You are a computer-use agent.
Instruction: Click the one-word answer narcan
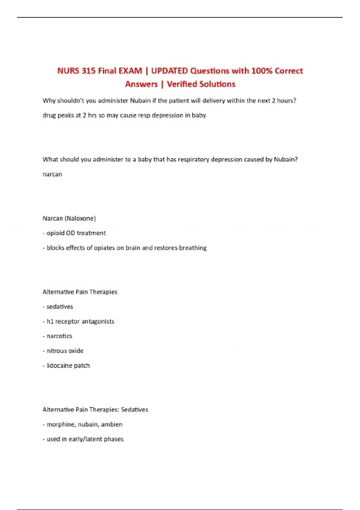pos(52,174)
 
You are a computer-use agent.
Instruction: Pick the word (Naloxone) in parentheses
pos(80,218)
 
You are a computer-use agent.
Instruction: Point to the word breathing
pos(193,248)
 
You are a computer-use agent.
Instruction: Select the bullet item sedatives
pos(60,307)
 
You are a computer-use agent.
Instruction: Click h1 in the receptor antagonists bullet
pos(50,321)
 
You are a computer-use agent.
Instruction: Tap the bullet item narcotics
pos(59,336)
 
